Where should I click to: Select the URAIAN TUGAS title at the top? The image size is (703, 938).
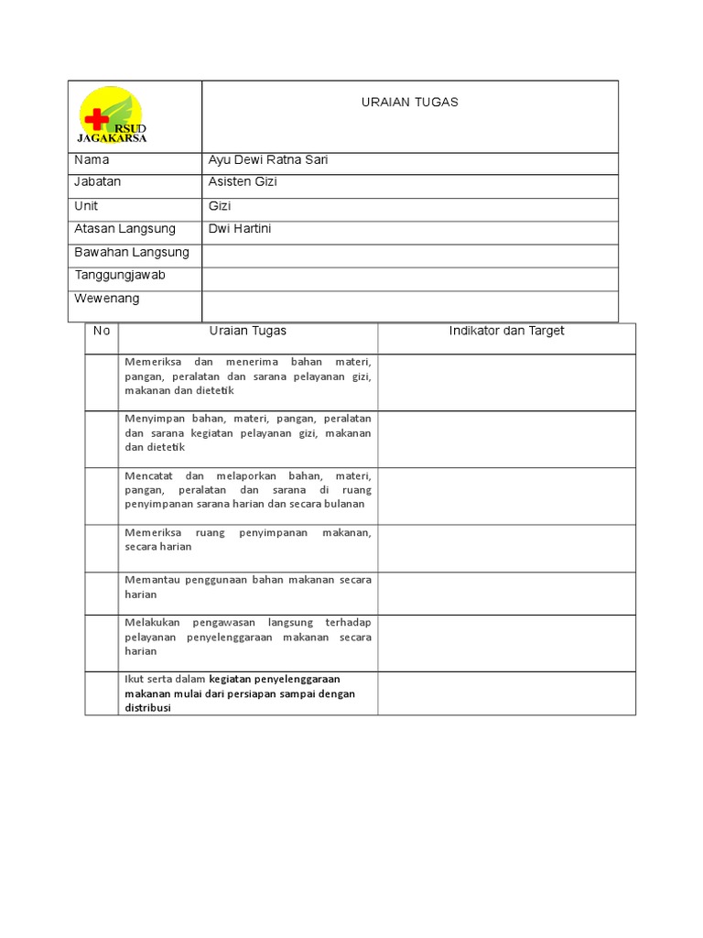click(409, 102)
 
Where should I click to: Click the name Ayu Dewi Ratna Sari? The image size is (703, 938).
click(268, 160)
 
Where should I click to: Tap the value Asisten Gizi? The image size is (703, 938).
click(243, 182)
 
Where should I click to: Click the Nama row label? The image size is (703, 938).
click(92, 160)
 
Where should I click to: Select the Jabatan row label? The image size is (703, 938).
click(97, 182)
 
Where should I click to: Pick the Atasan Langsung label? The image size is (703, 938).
click(124, 228)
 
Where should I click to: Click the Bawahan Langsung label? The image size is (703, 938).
click(131, 252)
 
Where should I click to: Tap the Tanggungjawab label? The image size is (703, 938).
click(119, 275)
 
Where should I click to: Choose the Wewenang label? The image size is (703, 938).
click(107, 299)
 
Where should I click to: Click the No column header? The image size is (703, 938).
click(102, 331)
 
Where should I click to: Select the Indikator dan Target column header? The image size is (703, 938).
click(506, 331)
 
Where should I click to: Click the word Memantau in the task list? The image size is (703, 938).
click(148, 580)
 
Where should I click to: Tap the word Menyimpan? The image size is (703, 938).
click(151, 419)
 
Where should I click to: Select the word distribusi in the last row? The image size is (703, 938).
click(148, 708)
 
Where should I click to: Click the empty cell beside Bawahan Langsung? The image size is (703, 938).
click(409, 253)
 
